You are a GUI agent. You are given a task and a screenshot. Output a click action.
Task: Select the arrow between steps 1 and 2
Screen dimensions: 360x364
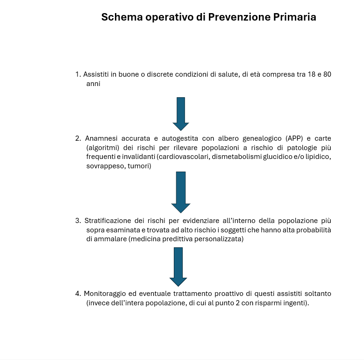[x=181, y=113]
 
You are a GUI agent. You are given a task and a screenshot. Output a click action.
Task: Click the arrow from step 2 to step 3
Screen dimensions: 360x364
[x=181, y=192]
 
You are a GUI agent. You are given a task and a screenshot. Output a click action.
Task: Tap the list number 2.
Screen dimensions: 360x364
[x=78, y=138]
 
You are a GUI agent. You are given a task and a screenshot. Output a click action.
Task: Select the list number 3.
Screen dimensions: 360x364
[x=78, y=220]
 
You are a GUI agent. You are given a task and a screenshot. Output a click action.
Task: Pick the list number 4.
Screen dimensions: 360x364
[x=78, y=294]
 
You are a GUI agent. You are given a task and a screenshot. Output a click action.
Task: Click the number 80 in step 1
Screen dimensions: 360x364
[x=327, y=74]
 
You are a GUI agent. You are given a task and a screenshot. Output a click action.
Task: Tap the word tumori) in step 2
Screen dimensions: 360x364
[x=139, y=166]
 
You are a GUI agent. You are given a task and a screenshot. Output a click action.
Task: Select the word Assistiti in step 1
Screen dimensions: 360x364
[x=96, y=74]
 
